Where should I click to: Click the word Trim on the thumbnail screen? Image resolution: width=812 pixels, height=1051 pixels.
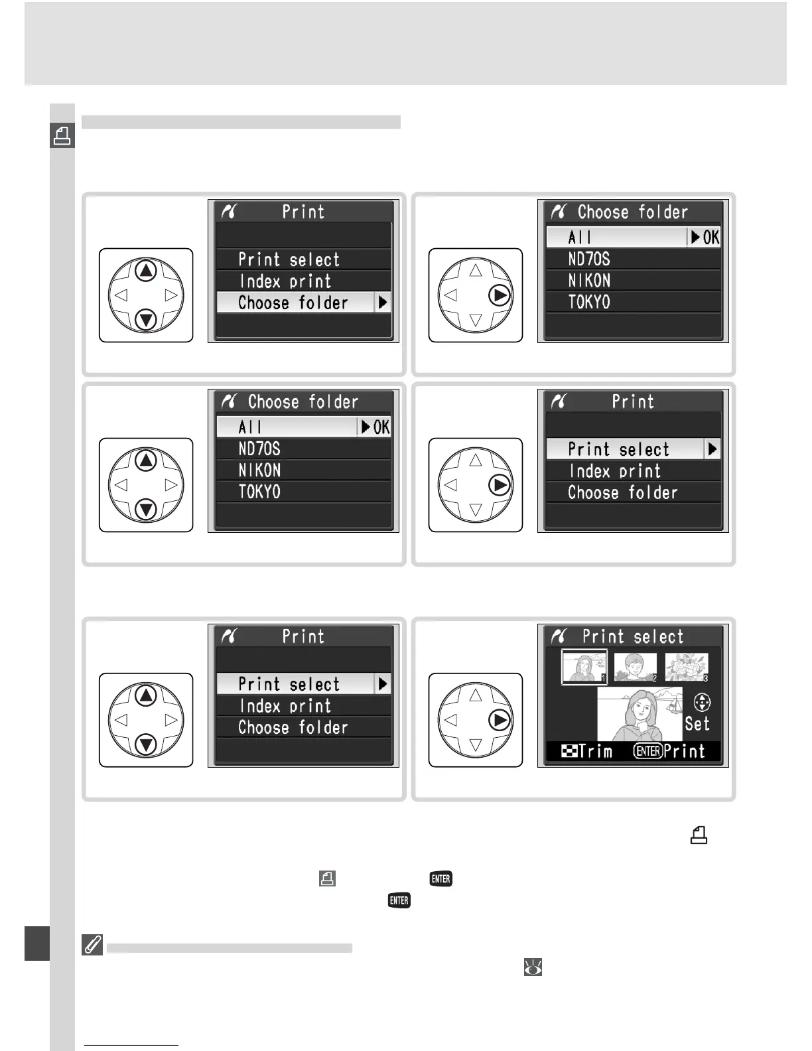click(595, 751)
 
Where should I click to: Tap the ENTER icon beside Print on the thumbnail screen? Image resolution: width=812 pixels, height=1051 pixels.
click(647, 751)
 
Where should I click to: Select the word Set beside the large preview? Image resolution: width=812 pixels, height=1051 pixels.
click(697, 724)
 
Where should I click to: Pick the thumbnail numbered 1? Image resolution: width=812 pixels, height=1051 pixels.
click(584, 667)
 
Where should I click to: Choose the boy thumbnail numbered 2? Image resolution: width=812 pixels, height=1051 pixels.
click(636, 667)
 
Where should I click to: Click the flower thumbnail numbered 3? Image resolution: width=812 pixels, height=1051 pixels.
click(687, 667)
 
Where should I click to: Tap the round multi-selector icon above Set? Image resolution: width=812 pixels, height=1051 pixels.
click(702, 703)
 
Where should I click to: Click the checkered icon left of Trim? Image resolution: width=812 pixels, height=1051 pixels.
click(569, 751)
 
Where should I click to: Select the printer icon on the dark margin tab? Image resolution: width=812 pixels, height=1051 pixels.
click(62, 136)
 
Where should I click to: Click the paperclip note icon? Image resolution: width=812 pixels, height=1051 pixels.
click(92, 945)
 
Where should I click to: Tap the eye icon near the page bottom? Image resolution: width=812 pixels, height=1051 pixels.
click(533, 968)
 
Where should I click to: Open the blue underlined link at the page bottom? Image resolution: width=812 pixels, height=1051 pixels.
click(131, 1044)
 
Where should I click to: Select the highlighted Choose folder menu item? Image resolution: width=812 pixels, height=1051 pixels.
click(293, 303)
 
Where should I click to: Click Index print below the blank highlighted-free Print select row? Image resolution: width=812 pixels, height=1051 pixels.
click(285, 281)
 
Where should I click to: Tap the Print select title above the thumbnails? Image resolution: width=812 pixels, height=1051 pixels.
click(632, 637)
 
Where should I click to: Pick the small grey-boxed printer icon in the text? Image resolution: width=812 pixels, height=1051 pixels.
click(327, 879)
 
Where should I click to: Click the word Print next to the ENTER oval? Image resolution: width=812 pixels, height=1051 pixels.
click(684, 751)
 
